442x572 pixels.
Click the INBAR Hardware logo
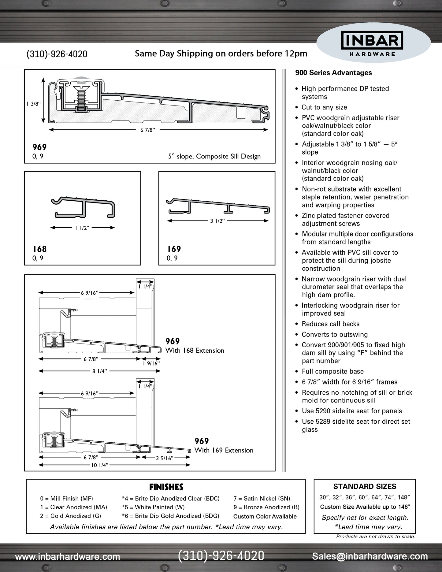click(372, 44)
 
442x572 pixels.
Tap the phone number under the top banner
click(57, 54)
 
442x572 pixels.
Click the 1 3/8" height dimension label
click(33, 104)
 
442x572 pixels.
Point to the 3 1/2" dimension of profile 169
click(217, 221)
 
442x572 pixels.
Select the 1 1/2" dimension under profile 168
click(82, 228)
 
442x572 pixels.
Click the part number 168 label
click(39, 249)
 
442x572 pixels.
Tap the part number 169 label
click(174, 249)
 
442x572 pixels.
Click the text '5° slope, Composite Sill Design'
click(214, 156)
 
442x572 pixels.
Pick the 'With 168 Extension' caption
click(195, 351)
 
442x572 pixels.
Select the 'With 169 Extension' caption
click(224, 450)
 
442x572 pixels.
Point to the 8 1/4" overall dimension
click(100, 371)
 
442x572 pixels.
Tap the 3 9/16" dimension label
click(165, 458)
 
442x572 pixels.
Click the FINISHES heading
click(166, 487)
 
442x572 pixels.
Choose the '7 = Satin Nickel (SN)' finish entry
click(262, 499)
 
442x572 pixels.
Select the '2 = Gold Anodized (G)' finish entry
click(70, 516)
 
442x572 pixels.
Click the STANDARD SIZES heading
click(365, 486)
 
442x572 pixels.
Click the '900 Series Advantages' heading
click(333, 73)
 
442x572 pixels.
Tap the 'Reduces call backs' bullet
click(330, 324)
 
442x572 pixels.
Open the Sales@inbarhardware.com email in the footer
click(370, 556)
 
